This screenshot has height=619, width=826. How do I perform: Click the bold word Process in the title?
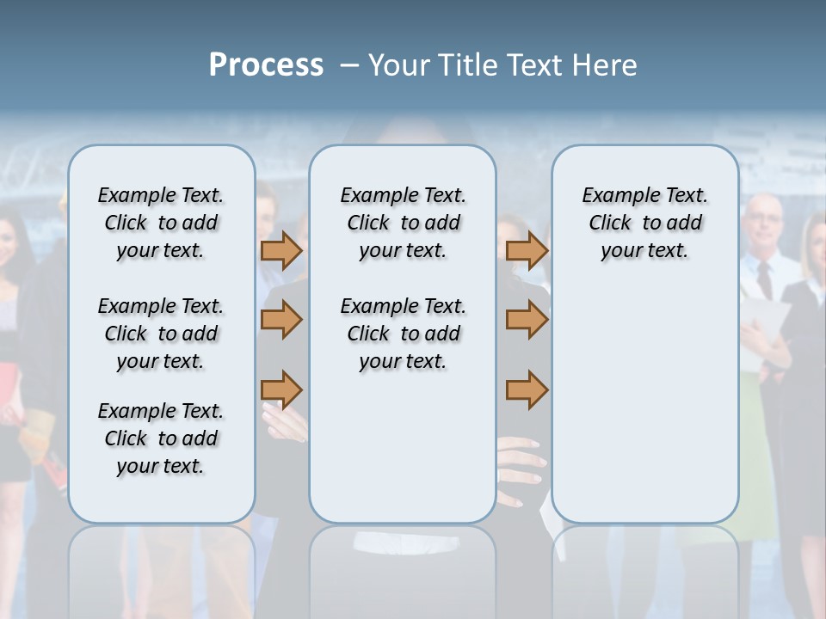pos(266,65)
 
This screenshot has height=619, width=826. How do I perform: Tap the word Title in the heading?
pos(466,65)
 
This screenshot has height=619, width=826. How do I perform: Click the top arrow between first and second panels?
pos(281,251)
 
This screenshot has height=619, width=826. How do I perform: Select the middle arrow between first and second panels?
pos(281,320)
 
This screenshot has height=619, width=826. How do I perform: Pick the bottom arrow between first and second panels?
pos(281,389)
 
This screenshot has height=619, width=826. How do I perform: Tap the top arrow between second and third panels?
pos(527,251)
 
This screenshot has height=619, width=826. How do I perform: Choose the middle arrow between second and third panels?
pos(527,320)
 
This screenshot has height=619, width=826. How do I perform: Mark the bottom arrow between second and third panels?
pos(527,389)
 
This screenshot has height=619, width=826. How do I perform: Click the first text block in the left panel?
pos(161,223)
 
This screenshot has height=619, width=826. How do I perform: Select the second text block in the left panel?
pos(161,334)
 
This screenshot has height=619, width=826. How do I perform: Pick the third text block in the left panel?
pos(161,438)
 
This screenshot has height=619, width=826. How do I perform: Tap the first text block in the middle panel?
pos(403,223)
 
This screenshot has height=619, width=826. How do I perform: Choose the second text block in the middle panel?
pos(403,334)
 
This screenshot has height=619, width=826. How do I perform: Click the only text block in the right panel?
pos(644,223)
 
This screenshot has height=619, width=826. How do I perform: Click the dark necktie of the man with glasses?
pos(764,279)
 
